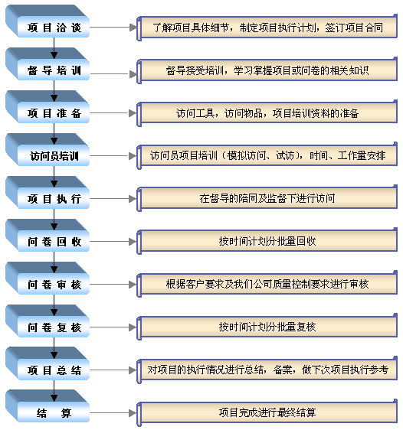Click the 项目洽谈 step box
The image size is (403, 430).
point(48,21)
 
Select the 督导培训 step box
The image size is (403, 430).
point(48,64)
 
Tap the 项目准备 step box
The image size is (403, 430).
point(48,107)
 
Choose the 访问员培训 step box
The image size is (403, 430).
point(48,150)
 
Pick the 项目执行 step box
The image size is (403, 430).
point(48,193)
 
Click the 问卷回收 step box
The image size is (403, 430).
point(48,236)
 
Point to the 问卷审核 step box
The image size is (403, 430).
point(48,278)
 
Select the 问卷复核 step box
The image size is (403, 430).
point(48,321)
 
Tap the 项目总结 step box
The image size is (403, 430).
point(48,363)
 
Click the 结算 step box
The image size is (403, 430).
point(48,406)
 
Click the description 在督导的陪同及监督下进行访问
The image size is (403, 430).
point(267,198)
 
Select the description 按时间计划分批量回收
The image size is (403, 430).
point(267,241)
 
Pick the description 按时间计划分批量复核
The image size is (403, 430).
point(267,327)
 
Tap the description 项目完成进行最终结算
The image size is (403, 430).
point(267,412)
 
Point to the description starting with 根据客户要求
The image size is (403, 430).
point(267,284)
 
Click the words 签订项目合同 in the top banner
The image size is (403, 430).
point(354,28)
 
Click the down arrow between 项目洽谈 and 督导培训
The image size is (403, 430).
point(54,48)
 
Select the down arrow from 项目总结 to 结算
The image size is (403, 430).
point(54,390)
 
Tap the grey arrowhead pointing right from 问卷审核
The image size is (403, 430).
point(133,285)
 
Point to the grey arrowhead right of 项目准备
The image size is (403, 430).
point(133,113)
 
